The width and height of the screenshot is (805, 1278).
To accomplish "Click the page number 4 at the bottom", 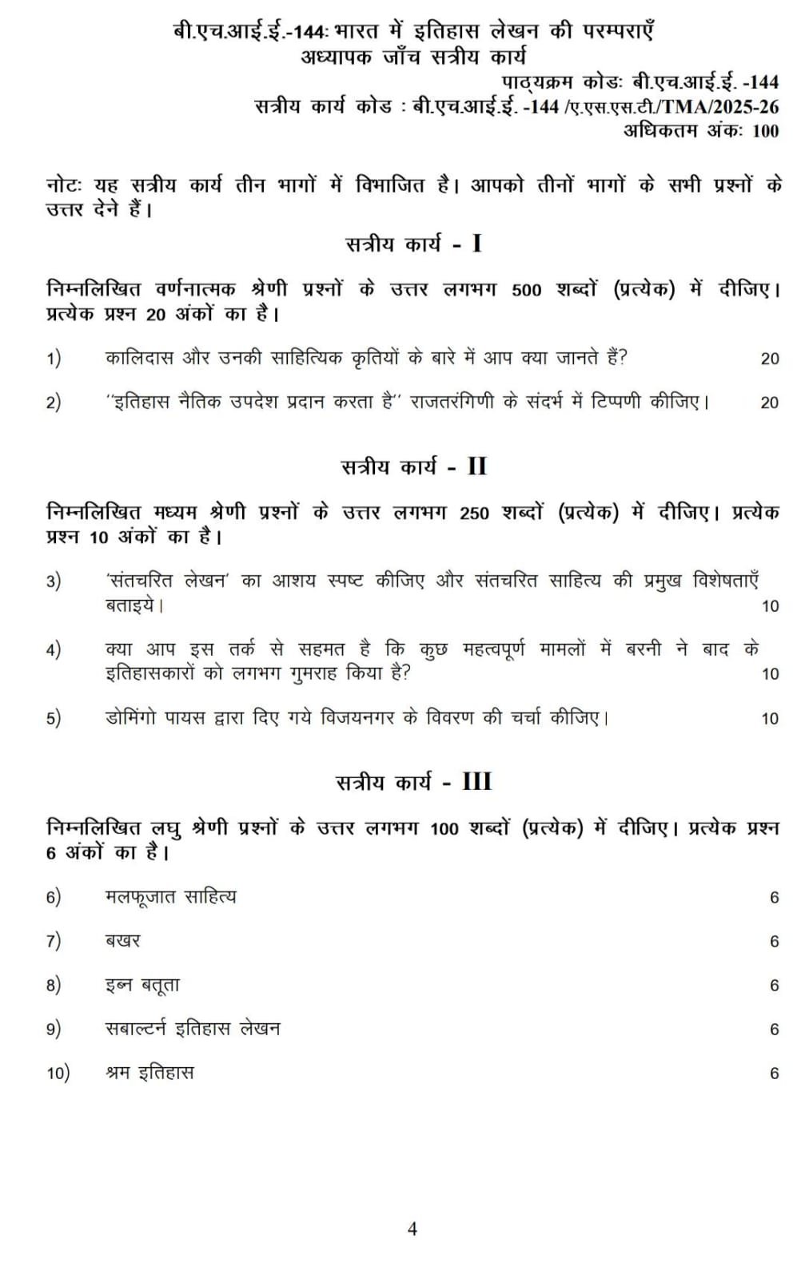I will tap(412, 1228).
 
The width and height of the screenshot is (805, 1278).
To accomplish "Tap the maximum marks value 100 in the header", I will tap(765, 131).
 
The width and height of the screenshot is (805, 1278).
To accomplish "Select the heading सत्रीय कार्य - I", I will tap(413, 244).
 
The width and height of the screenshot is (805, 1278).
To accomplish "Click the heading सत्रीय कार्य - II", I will tap(413, 466).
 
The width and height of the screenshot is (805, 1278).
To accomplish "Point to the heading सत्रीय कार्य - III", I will tap(413, 781).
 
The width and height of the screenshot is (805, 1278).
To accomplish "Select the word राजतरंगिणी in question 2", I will tap(453, 401).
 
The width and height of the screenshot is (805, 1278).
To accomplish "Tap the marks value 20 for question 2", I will tap(769, 403).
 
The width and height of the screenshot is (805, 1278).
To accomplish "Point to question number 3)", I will tap(54, 581).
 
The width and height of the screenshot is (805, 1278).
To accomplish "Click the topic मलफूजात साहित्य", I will tap(170, 897).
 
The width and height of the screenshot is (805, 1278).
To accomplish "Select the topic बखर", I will tap(122, 941).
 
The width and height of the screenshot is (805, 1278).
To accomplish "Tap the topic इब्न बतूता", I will tap(142, 985).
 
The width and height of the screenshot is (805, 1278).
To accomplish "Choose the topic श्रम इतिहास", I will tap(149, 1073).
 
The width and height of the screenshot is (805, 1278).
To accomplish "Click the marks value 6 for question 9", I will tap(774, 1030).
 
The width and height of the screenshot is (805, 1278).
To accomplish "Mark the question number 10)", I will tap(58, 1073).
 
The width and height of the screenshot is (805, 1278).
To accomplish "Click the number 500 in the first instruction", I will tap(526, 290).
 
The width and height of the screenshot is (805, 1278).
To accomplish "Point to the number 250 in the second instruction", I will tap(474, 513).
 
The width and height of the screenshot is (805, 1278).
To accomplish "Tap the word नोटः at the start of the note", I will tap(64, 185).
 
